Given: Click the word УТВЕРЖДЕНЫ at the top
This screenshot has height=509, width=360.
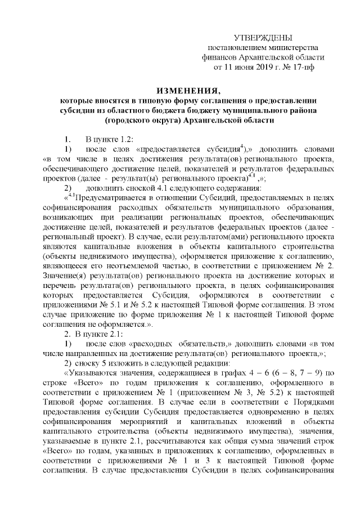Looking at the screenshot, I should coord(263,37).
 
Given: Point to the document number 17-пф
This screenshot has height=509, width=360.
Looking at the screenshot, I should coord(304,67).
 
